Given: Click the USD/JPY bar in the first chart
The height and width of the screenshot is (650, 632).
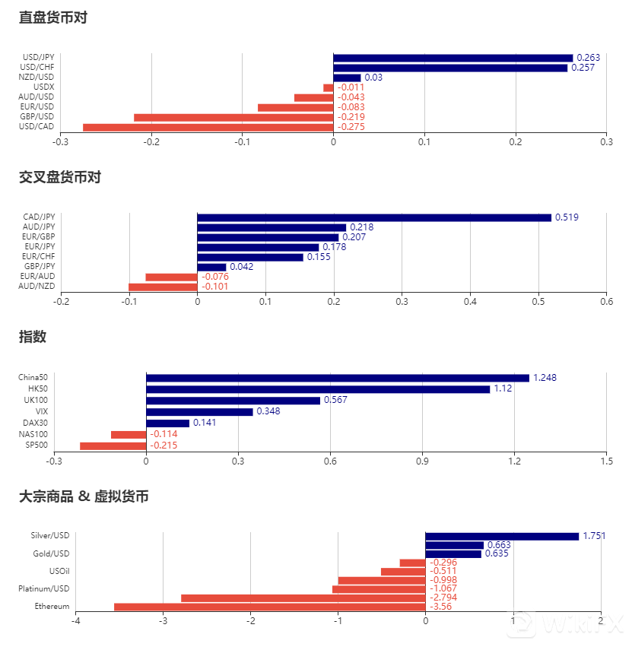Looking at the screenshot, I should [453, 58].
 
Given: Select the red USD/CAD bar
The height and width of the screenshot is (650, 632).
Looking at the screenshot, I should [208, 127].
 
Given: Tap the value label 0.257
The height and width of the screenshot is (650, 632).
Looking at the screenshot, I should [583, 68].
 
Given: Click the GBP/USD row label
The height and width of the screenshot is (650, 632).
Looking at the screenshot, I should [37, 116].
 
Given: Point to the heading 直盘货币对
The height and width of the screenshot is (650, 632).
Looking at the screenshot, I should [53, 17].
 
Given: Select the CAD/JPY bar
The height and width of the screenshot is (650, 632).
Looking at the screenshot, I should [373, 217].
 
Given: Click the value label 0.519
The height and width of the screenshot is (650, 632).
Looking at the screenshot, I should [567, 217].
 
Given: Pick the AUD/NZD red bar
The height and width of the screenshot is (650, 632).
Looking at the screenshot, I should [163, 287].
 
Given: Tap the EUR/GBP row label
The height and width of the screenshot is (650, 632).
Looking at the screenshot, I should [39, 236].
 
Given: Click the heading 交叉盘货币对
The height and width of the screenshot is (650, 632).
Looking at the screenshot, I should [60, 177].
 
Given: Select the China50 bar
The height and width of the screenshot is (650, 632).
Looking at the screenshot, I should [337, 378].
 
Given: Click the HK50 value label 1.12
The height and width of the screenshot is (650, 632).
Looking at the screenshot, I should [503, 388].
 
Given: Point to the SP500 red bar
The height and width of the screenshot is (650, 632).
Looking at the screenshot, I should [113, 445].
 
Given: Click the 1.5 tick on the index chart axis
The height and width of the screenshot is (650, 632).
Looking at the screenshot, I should [606, 460].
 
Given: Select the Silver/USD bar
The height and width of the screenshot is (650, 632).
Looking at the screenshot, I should [501, 536].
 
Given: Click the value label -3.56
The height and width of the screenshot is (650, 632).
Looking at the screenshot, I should [440, 607].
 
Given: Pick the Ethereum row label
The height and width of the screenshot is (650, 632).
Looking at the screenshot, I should [52, 607].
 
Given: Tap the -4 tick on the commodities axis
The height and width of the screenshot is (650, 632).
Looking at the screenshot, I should [75, 621].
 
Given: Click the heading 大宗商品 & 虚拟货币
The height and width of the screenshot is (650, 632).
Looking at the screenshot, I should [84, 496].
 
